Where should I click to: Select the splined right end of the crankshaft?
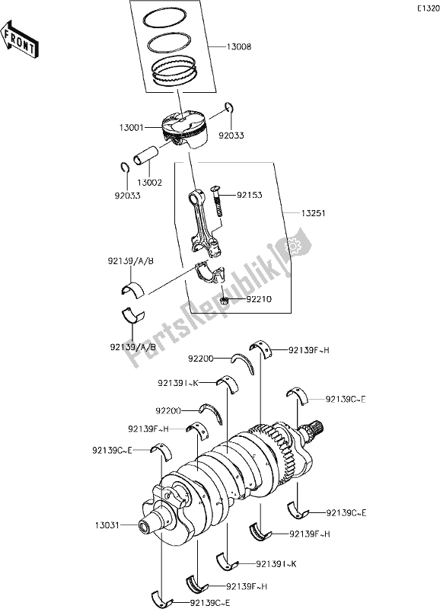[x=316, y=432]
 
